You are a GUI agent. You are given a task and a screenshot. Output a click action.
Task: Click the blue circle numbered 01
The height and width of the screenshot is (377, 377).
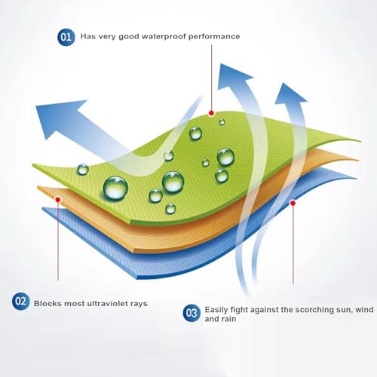[x=66, y=37]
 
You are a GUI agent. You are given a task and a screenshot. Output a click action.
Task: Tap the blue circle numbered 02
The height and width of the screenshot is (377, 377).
[x=20, y=301]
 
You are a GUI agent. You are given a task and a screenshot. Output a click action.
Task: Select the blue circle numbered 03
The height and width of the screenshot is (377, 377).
[x=192, y=313]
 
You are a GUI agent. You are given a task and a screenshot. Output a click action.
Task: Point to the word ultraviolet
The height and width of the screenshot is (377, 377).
[x=107, y=303]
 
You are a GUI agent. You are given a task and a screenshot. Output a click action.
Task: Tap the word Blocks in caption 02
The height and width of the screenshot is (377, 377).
[x=48, y=303]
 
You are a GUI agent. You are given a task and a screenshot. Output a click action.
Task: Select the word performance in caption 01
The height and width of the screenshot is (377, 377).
[x=214, y=36]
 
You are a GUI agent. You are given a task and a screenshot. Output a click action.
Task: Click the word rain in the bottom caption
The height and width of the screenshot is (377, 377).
[x=228, y=319]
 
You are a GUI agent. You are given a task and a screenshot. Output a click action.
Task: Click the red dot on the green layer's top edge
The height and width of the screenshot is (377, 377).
[x=211, y=113]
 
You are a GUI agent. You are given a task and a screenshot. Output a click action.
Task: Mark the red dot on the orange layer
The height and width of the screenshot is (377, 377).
[x=58, y=200]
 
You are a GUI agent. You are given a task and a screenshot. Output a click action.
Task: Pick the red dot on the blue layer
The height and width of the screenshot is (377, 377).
[x=293, y=203]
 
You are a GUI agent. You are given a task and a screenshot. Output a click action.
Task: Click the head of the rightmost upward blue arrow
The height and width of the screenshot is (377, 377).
[x=290, y=94]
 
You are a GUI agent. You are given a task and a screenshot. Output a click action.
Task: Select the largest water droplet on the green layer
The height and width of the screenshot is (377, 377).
[x=115, y=188]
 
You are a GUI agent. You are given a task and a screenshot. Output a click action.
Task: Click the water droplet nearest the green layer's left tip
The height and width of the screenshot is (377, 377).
[x=83, y=169]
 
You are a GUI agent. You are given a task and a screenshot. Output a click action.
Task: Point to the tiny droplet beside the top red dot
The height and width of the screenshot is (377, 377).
[x=222, y=122]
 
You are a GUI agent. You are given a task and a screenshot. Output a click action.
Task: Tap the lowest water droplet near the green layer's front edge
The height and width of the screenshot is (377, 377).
[x=170, y=209]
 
